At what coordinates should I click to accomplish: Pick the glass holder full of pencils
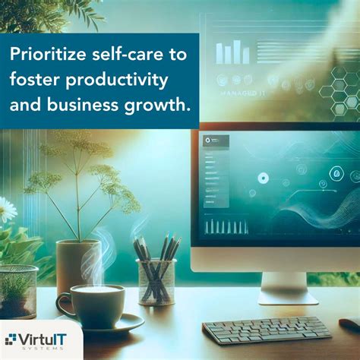pos(156,280)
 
